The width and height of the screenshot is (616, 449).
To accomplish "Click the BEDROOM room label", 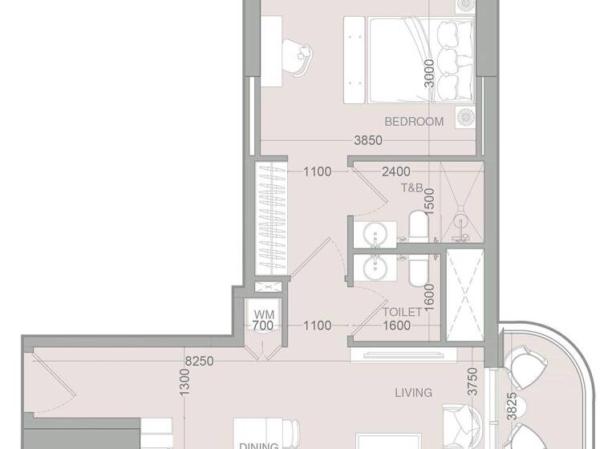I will coord(414,122).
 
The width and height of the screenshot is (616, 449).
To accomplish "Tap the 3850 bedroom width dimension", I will coord(368,140).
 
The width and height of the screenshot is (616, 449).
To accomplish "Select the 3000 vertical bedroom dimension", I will coord(430,76).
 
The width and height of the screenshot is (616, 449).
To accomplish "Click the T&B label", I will coord(412,187).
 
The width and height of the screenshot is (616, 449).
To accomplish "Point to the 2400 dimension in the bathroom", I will coord(396,171).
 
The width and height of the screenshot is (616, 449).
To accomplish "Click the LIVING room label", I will coord(414,393).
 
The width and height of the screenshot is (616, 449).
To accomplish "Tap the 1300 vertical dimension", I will coord(185,386).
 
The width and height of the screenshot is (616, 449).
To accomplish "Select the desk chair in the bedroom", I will coord(302,58).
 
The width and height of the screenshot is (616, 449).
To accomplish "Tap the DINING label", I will coord(258,445).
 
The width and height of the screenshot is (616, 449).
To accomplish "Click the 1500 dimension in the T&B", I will coord(429,199).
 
